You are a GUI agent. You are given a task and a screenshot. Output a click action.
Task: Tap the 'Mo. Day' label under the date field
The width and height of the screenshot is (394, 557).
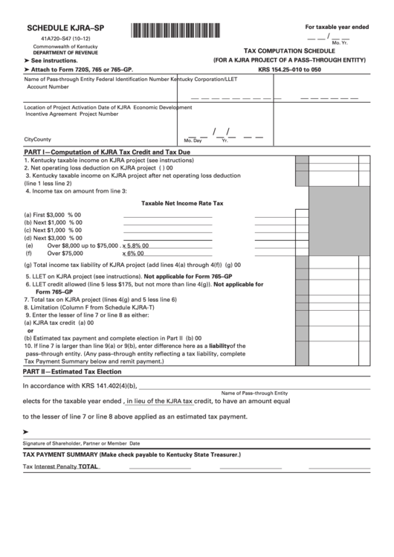(193, 140)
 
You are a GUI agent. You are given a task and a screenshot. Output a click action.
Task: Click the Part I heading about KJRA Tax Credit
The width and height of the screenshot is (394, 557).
(107, 151)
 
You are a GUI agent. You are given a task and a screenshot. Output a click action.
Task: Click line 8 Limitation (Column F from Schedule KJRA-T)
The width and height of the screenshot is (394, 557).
(89, 306)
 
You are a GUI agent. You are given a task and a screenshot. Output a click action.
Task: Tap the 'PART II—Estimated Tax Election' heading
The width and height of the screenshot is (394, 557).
(72, 370)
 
